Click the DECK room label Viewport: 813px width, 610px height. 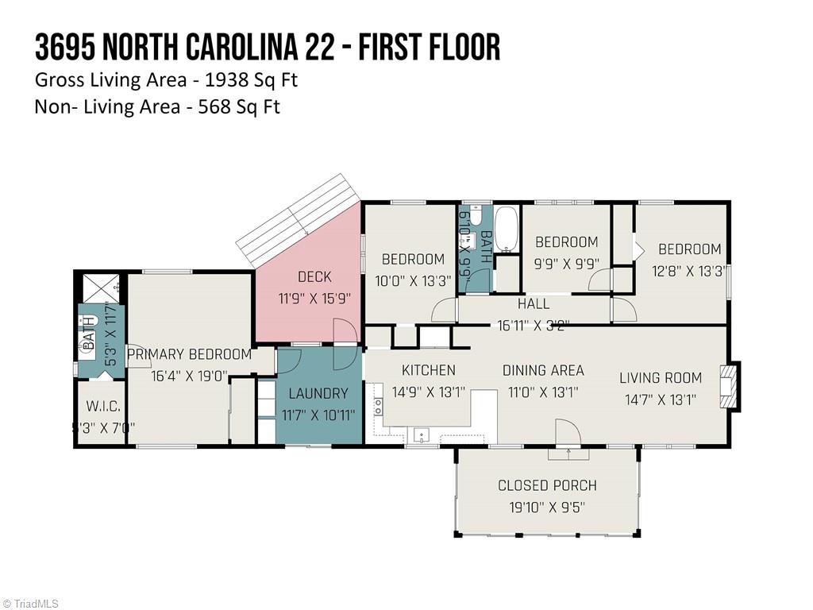tap(314, 277)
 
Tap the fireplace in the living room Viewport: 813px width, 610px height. tap(729, 386)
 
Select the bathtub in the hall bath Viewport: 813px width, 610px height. tap(506, 229)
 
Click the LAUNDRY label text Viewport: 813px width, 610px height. tap(318, 393)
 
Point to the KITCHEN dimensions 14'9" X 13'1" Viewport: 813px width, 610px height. tap(429, 392)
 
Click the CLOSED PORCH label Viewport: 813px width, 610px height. tap(547, 485)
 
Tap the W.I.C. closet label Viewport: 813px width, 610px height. tap(103, 407)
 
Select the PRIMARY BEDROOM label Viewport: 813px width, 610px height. tap(189, 354)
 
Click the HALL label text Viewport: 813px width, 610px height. tap(534, 303)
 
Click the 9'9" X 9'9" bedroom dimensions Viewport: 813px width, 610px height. tap(566, 264)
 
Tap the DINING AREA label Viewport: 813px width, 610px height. tap(543, 370)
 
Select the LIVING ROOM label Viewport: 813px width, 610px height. tap(661, 378)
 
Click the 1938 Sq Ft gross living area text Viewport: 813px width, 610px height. tap(250, 79)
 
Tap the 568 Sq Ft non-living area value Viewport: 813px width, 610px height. tap(236, 106)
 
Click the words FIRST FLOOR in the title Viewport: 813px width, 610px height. tap(430, 47)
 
